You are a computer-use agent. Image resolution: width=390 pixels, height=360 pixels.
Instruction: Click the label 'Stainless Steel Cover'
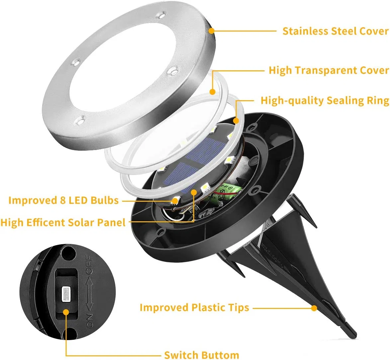pyautogui.click(x=336, y=31)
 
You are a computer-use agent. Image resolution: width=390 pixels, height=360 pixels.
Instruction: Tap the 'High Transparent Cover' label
pyautogui.click(x=329, y=70)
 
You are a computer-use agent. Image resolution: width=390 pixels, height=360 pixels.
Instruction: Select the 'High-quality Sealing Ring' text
pyautogui.click(x=325, y=101)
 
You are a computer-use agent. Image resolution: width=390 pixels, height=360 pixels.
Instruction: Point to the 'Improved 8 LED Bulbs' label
pyautogui.click(x=63, y=200)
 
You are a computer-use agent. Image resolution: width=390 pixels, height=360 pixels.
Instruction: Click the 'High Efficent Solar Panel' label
pyautogui.click(x=63, y=223)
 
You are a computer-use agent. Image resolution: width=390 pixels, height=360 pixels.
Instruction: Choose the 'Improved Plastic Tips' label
pyautogui.click(x=194, y=308)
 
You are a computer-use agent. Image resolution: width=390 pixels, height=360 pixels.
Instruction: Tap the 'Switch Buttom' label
pyautogui.click(x=201, y=355)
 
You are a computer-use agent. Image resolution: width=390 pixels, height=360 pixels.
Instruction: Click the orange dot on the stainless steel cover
pyautogui.click(x=211, y=31)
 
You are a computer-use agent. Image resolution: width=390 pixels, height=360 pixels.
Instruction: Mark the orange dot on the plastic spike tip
pyautogui.click(x=314, y=308)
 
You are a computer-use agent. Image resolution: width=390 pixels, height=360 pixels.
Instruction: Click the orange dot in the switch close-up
pyautogui.click(x=66, y=312)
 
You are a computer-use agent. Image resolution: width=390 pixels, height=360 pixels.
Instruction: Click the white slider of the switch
pyautogui.click(x=66, y=293)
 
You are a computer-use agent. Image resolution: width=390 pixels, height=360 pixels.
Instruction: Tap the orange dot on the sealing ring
pyautogui.click(x=236, y=121)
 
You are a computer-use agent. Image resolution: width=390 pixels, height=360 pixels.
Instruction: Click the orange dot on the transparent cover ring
pyautogui.click(x=212, y=92)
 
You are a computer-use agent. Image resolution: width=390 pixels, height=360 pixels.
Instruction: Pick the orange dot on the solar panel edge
pyautogui.click(x=194, y=191)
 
